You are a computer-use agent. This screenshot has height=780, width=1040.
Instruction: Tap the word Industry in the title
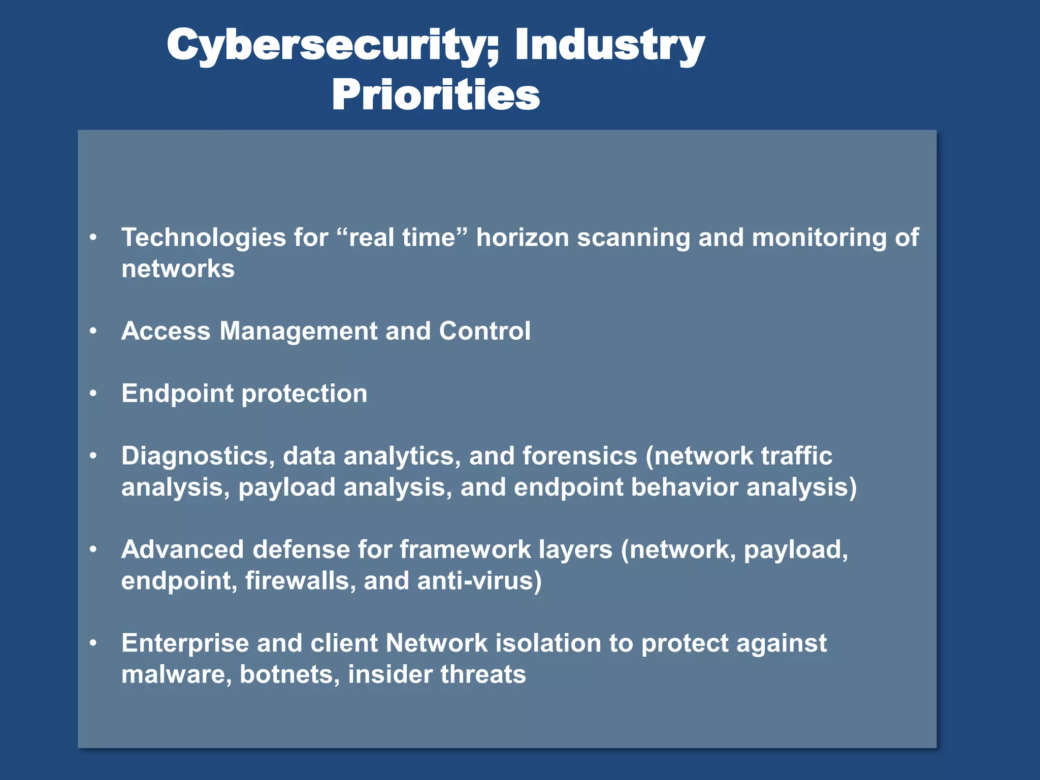coord(609,46)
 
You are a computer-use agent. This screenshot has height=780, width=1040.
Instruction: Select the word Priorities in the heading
coord(436,95)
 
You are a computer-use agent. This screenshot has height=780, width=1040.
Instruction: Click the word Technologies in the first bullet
coord(204,238)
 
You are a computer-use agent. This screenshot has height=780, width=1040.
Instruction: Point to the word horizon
coord(522,238)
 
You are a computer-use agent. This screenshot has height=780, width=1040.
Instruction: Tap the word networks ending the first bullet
coord(178,269)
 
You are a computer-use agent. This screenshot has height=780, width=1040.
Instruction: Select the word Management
coord(299,331)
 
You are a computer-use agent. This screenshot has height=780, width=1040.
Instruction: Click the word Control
coord(484,331)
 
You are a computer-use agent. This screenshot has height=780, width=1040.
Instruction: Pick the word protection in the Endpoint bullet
coord(304,394)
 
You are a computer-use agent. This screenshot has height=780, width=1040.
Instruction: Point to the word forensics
coord(579,456)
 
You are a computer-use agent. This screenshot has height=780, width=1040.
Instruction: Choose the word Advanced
coord(182,549)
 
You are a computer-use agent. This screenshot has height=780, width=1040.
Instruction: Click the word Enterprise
coord(185,643)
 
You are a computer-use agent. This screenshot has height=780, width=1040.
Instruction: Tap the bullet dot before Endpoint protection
coord(93,394)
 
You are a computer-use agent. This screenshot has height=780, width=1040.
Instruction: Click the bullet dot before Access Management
coord(93,331)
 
